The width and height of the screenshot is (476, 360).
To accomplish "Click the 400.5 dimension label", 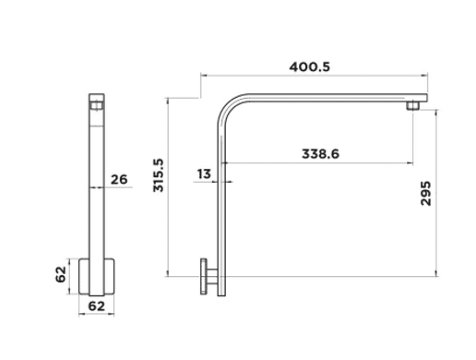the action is click(309, 66).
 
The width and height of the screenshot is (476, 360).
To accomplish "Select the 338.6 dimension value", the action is click(320, 154).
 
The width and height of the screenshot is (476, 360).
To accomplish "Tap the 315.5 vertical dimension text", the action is click(159, 175).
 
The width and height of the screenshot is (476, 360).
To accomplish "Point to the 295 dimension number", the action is click(426, 194).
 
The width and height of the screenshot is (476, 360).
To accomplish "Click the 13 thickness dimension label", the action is click(204, 174).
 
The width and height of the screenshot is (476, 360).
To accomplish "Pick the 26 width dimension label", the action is click(119, 179).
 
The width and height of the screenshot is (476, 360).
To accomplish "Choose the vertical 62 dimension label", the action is click(61, 274).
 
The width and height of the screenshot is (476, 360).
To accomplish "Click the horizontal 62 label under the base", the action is click(97, 306).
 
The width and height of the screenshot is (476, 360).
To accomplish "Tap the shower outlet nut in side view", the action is click(412, 106).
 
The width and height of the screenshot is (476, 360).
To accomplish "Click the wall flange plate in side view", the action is click(204, 276).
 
